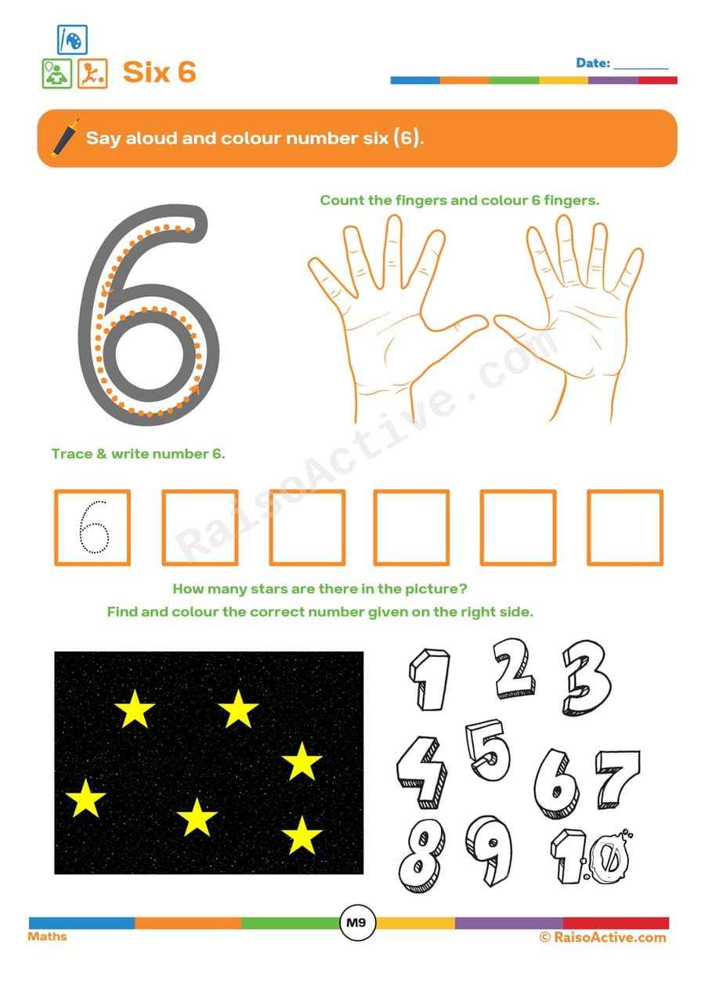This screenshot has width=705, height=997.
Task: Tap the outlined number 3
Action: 586,677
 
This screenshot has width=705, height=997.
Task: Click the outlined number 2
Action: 515,668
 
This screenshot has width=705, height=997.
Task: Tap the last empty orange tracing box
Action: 624,527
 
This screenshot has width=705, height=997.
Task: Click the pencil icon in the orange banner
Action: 64,137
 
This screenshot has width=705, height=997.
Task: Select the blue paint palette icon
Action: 72,40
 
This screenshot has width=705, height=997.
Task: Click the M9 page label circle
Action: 356,923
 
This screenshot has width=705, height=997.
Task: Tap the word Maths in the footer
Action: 48,937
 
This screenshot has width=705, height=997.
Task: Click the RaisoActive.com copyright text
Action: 602,937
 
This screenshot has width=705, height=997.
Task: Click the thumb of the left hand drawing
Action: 462,327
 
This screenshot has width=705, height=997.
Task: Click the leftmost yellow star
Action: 85,799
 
